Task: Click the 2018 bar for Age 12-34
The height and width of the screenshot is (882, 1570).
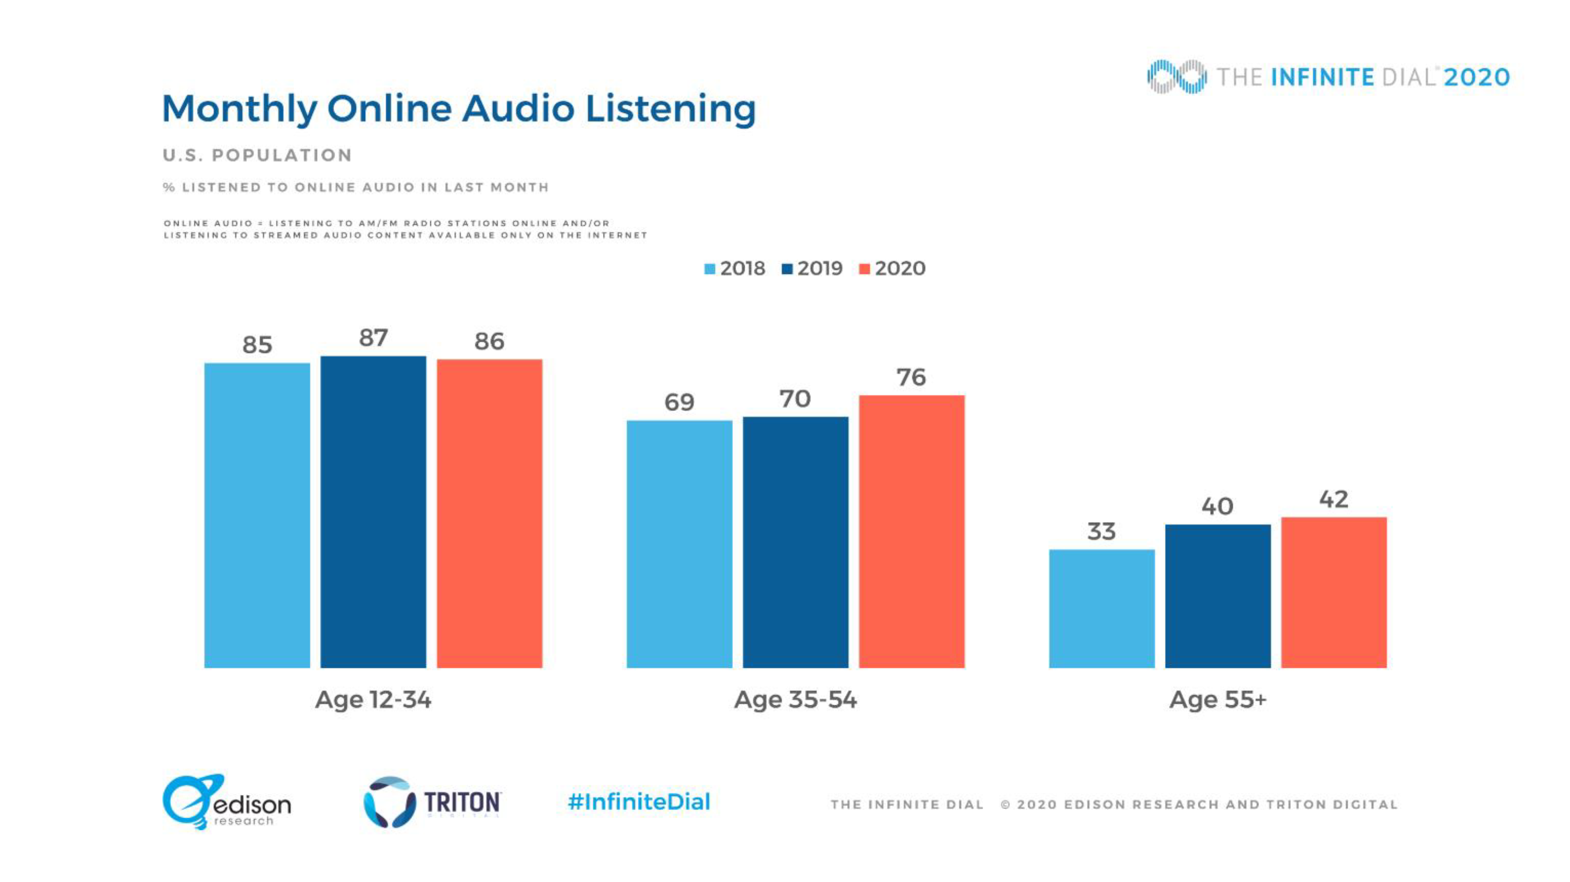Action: [257, 515]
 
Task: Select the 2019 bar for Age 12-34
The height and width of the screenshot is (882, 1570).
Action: [373, 512]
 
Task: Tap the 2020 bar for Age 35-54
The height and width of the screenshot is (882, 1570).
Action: [911, 532]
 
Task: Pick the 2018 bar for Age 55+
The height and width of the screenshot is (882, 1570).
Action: [1101, 608]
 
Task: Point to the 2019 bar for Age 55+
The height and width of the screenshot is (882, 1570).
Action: [1218, 596]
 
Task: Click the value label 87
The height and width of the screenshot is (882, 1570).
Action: [373, 338]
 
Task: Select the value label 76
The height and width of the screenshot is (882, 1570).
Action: [911, 377]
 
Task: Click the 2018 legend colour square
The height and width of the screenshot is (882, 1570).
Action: [709, 269]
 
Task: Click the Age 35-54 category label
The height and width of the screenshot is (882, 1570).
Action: [795, 699]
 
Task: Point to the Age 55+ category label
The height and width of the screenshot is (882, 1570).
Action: [1218, 699]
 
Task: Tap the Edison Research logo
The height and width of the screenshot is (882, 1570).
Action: [227, 801]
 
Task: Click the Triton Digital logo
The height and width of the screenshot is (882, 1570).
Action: [432, 802]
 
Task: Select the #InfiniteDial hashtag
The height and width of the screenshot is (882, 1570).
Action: [639, 801]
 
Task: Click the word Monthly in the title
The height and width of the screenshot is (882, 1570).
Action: [239, 110]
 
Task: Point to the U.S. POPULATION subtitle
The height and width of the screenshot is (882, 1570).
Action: [257, 155]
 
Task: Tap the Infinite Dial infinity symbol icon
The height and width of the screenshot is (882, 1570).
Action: [1176, 77]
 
